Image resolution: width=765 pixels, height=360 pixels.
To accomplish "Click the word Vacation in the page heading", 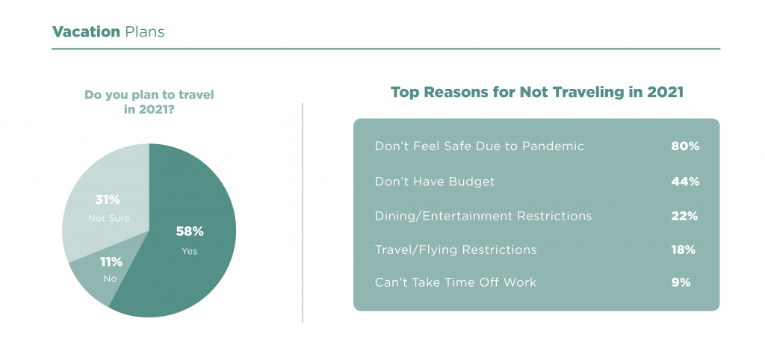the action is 86,31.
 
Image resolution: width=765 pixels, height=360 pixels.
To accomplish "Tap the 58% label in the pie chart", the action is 189,232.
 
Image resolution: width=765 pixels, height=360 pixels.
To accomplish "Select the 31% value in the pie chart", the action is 108,199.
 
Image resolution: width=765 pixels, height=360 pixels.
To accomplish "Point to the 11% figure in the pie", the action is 111,262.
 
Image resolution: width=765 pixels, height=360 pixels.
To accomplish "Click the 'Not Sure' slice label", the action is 109,219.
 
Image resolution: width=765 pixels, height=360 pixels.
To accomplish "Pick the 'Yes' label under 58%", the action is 189,252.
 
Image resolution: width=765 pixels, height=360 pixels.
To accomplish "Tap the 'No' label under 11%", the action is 111,279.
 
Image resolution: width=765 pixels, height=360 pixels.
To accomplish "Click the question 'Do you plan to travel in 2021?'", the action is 149,102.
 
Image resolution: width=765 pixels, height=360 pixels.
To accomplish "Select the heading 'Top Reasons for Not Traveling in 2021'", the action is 536,93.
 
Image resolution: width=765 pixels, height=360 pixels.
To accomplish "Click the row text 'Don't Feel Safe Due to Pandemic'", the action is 479,146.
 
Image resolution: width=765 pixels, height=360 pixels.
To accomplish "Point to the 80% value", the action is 685,146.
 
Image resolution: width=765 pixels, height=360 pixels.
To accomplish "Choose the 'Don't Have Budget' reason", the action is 435,181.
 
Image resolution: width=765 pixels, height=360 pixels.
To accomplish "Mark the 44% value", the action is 685,181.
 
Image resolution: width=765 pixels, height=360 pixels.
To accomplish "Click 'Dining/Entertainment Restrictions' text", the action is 483,216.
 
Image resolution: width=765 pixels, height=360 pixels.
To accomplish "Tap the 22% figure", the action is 684,216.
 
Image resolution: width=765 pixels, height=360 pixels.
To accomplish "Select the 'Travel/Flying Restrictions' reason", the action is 456,249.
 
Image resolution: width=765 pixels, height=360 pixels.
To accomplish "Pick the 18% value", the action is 683,249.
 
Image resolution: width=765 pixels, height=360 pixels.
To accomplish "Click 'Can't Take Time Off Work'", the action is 455,282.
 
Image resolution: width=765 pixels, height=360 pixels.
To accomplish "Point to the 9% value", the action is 681,282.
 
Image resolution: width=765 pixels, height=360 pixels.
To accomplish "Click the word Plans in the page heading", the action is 144,31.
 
